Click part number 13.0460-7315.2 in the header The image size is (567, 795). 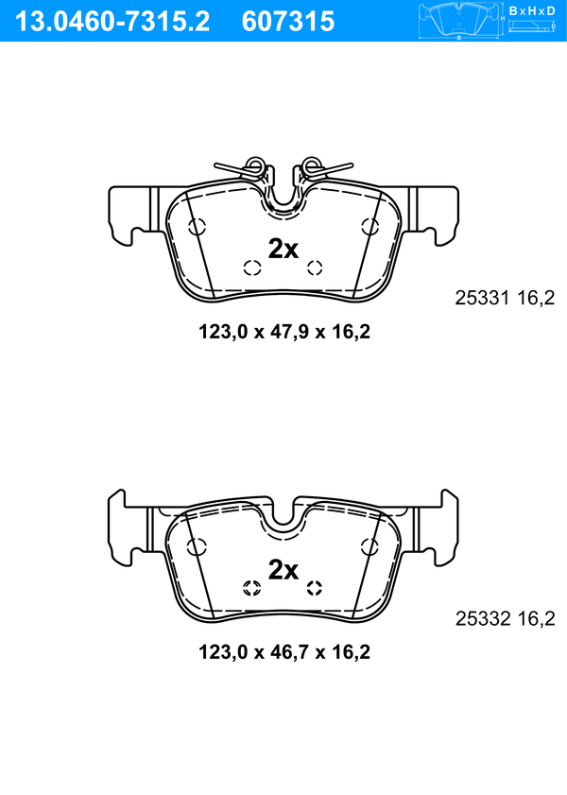click(112, 22)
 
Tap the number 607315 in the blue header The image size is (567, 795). click(288, 22)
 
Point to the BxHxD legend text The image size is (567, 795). click(531, 10)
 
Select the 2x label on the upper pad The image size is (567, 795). click(283, 249)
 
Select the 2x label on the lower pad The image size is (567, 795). click(283, 569)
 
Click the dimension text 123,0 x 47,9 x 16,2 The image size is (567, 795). click(284, 332)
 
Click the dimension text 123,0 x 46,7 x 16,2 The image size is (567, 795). click(284, 652)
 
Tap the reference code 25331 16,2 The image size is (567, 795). click(505, 298)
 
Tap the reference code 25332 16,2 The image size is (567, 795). click(506, 618)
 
